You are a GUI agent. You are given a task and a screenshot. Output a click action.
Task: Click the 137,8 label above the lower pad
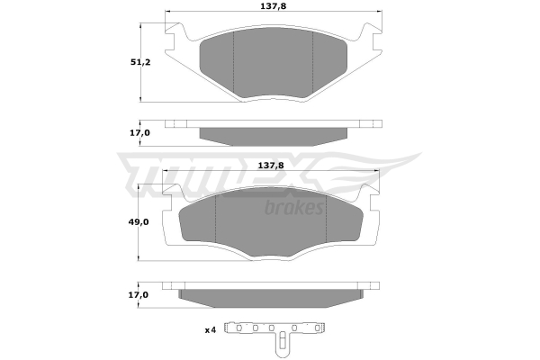[x=271, y=166]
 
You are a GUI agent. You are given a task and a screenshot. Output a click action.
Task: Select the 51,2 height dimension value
[x=140, y=62]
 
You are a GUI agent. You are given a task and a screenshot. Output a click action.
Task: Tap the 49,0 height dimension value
[x=139, y=222]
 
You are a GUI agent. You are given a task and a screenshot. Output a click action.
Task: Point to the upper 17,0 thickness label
[x=139, y=132]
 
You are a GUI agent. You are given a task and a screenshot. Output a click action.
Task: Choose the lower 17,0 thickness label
[x=139, y=295]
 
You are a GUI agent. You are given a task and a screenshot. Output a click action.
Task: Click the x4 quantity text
[x=210, y=330]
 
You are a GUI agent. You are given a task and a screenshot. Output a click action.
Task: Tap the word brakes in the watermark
[x=293, y=208]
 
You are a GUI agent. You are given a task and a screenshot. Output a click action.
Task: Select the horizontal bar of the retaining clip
[x=274, y=328]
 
